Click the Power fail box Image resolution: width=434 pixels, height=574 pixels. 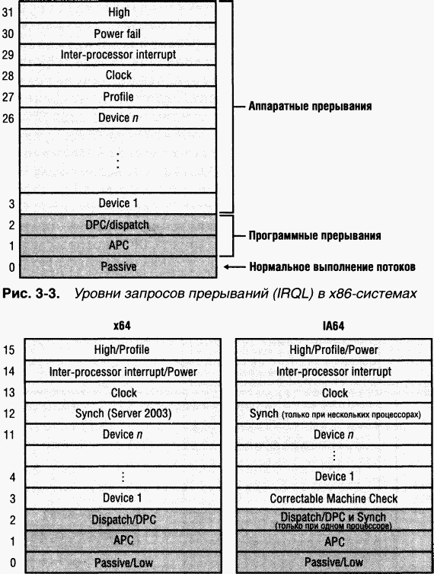click(117, 33)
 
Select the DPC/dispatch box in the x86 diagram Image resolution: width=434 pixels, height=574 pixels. click(117, 225)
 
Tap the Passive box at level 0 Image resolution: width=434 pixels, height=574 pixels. click(117, 266)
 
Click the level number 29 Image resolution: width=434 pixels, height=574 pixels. click(8, 55)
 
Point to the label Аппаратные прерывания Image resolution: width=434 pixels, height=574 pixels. click(310, 106)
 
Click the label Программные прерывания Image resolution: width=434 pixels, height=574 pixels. click(315, 235)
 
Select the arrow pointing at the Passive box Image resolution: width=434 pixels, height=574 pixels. click(235, 267)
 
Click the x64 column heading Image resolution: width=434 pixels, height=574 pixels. click(123, 326)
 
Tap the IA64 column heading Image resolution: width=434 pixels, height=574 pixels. click(333, 326)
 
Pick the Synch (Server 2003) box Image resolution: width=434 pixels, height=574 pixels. click(123, 413)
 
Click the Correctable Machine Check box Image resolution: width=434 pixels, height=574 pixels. click(333, 498)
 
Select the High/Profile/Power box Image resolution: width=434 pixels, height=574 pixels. click(333, 349)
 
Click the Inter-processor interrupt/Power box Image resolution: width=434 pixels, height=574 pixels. click(123, 372)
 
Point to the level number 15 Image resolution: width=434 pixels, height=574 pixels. click(9, 350)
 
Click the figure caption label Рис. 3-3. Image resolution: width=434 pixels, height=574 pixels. click(30, 294)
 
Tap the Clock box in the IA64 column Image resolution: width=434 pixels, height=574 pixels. click(333, 393)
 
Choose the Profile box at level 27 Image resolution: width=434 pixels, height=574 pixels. click(117, 97)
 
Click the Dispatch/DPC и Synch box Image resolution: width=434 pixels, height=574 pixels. click(333, 520)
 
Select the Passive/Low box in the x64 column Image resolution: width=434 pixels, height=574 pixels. click(123, 563)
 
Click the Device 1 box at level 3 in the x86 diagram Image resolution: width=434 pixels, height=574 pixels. click(117, 203)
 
